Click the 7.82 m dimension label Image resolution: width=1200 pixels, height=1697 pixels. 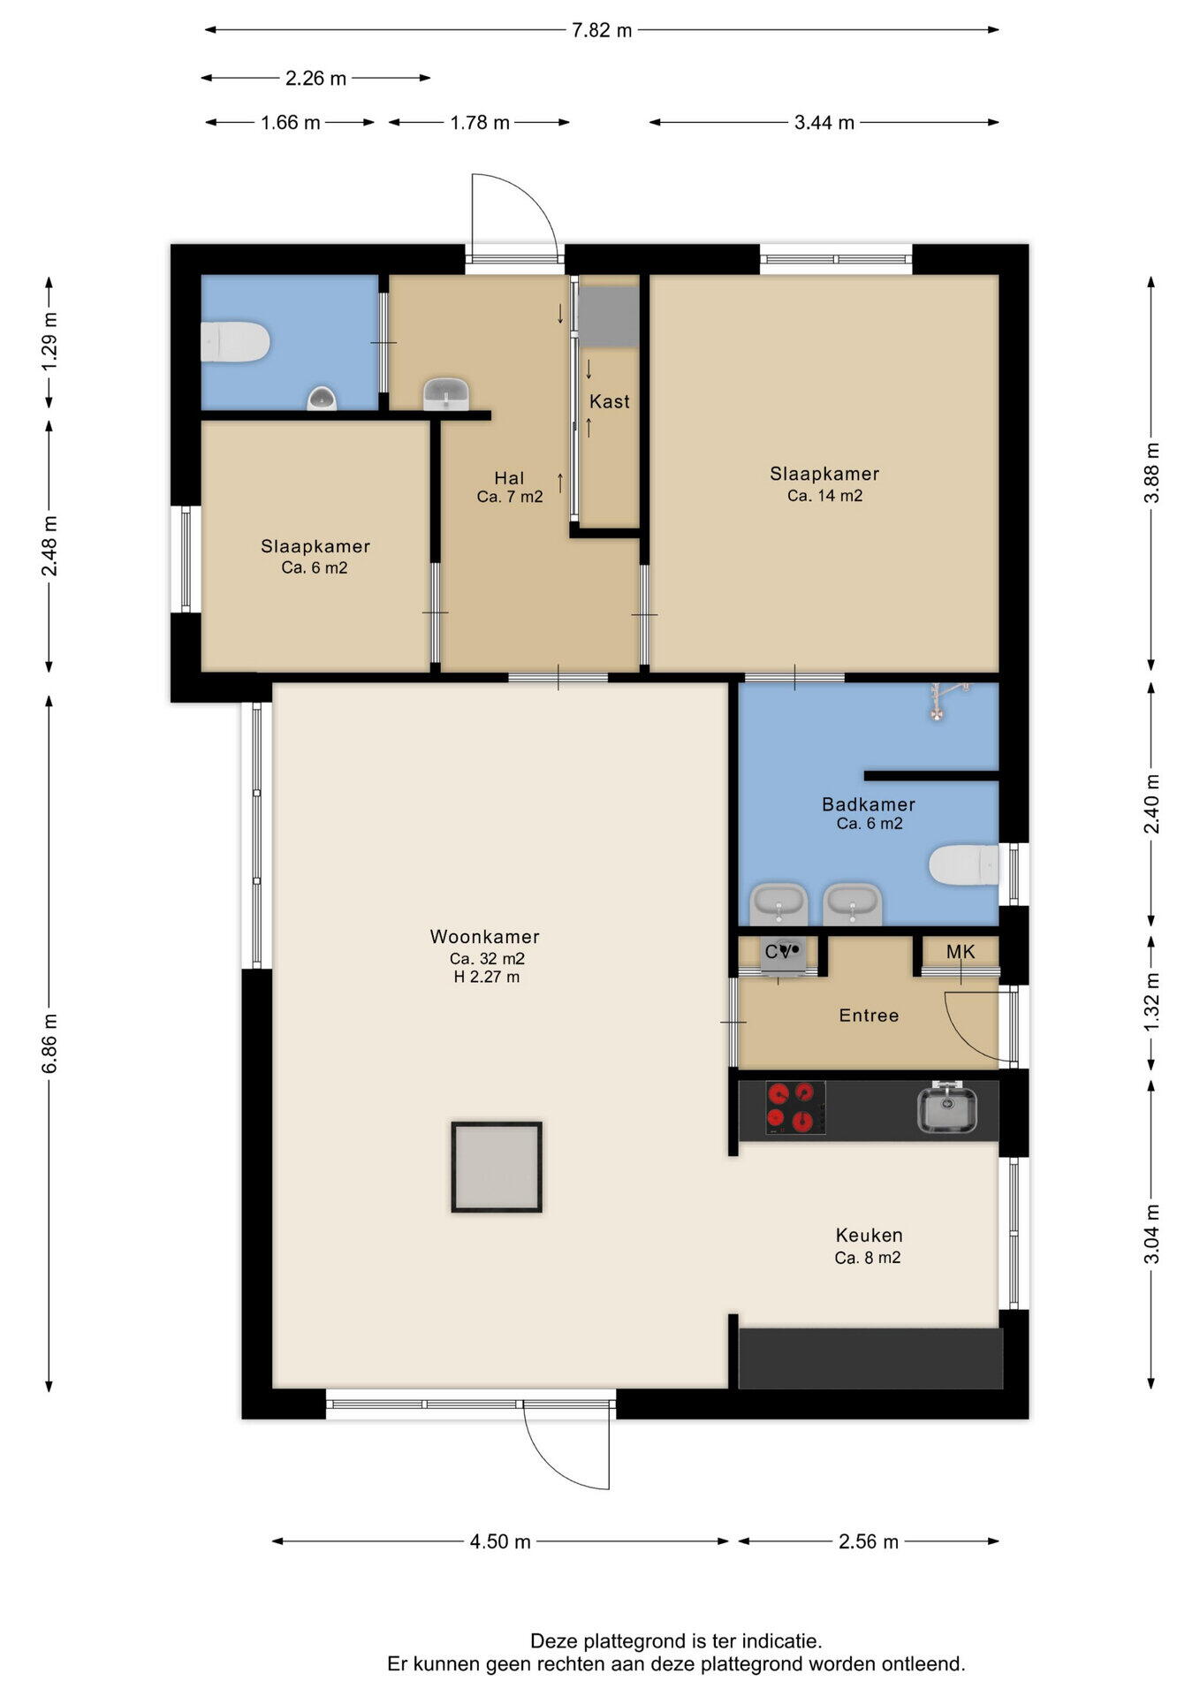pos(602,30)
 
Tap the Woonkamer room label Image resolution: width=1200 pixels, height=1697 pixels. pos(485,937)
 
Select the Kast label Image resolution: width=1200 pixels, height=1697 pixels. pos(610,401)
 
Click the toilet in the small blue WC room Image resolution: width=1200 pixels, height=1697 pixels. pos(235,342)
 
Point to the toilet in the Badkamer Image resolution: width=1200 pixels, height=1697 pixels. pos(964,864)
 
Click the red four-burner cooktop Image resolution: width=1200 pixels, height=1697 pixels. pos(795,1108)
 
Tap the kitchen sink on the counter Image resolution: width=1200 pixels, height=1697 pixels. pos(946,1108)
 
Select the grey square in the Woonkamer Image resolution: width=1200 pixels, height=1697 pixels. pos(497,1167)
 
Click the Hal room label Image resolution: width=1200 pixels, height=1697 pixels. pos(510,478)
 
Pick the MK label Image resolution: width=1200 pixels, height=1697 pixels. pos(961,952)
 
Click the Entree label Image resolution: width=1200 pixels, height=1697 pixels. pos(870,1016)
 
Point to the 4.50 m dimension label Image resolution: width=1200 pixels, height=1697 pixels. pos(500,1541)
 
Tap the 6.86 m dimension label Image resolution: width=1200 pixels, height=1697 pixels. pos(49,1043)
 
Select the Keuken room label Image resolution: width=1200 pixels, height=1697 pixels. pos(870,1235)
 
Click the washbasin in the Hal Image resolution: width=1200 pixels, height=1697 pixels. pos(446,394)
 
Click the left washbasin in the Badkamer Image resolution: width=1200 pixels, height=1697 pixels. pos(778,904)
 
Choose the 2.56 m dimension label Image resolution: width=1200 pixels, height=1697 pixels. pos(869,1541)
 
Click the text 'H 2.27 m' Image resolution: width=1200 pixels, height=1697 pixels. pos(487,977)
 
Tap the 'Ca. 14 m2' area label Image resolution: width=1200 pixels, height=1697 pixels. pos(825,495)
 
